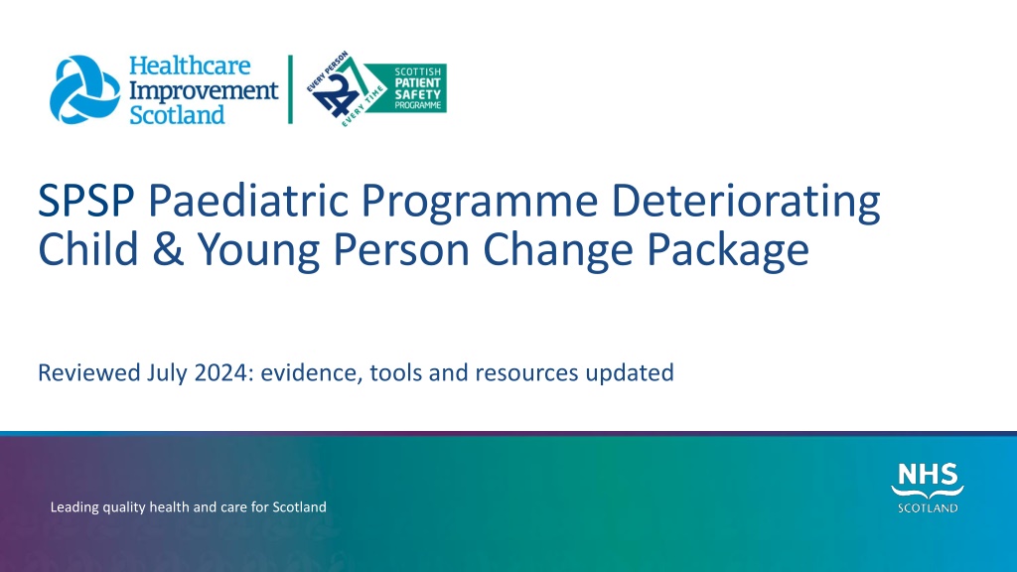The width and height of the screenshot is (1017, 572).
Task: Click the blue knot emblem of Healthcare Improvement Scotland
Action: [85, 89]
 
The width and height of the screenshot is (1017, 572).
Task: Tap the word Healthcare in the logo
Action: [190, 66]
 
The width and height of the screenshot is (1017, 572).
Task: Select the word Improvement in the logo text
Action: [204, 90]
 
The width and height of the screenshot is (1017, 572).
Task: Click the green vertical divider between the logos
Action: [291, 89]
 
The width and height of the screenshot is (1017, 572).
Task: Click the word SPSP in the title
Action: [86, 200]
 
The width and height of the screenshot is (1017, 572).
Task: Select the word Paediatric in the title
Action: [248, 200]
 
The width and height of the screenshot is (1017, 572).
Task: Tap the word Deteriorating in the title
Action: [746, 201]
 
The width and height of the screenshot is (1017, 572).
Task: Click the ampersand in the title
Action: [169, 249]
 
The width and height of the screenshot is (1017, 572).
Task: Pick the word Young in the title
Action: [258, 251]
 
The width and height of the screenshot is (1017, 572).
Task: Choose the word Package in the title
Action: [728, 251]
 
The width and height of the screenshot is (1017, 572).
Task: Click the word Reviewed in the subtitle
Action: [88, 373]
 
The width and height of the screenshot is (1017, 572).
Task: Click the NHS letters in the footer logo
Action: [928, 475]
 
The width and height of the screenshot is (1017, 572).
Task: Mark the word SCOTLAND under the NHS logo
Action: [928, 507]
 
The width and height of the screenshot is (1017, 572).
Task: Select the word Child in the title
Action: [88, 249]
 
